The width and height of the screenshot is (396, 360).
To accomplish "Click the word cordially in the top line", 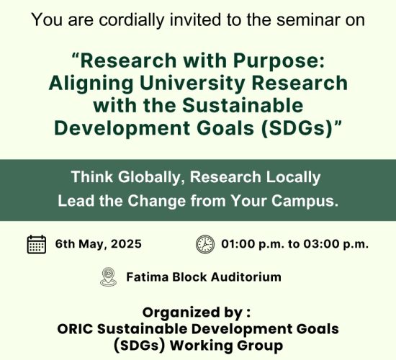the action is pyautogui.click(x=132, y=20).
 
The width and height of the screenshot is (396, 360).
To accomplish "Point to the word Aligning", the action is pyautogui.click(x=91, y=84).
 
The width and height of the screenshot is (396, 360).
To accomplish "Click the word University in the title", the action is pyautogui.click(x=193, y=84).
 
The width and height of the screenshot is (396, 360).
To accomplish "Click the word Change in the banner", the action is pyautogui.click(x=156, y=201).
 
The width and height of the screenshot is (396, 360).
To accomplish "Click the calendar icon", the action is pyautogui.click(x=37, y=244).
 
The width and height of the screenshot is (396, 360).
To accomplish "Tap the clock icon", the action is pyautogui.click(x=205, y=244).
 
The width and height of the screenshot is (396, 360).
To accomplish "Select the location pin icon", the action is pyautogui.click(x=108, y=277).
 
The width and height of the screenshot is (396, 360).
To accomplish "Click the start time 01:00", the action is pyautogui.click(x=238, y=244).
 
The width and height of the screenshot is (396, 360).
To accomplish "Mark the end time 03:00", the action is pyautogui.click(x=320, y=244).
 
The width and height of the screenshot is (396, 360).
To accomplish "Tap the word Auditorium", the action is pyautogui.click(x=246, y=277).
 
